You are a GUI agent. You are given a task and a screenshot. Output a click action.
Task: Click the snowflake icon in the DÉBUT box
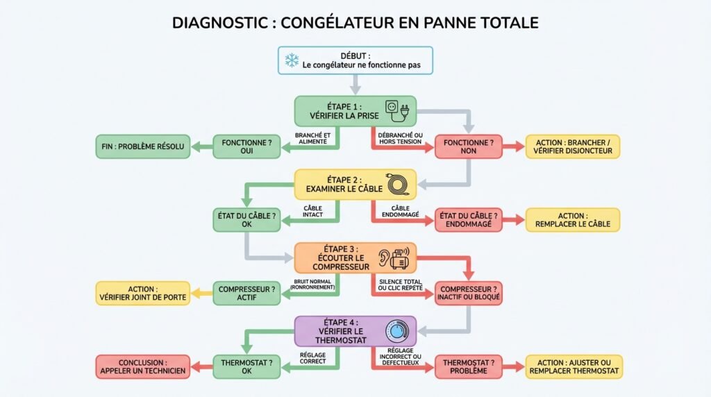pos(290,60)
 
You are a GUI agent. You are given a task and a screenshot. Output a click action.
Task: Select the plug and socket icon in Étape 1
pos(397,109)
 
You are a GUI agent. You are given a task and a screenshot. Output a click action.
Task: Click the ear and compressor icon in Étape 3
pos(393,258)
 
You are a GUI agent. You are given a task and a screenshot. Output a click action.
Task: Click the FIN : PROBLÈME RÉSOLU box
pos(142,146)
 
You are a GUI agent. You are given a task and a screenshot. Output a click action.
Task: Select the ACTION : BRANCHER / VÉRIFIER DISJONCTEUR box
pos(572,146)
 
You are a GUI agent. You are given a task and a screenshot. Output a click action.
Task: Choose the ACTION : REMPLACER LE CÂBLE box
pos(572,220)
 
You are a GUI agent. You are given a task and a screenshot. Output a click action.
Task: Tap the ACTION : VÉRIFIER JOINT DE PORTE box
pos(142,294)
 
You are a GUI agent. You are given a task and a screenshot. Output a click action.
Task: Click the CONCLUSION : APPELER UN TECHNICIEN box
pos(142,366)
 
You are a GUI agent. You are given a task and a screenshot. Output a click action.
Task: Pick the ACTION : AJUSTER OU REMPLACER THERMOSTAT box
pos(574,366)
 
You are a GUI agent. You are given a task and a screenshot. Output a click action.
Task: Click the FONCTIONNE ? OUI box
pos(246,146)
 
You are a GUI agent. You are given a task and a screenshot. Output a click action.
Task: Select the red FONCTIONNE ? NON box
pos(468,146)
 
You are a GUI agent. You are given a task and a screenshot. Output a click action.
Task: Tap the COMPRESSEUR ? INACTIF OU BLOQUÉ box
pos(468,294)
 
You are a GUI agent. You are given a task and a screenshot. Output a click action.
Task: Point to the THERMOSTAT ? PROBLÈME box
pos(468,366)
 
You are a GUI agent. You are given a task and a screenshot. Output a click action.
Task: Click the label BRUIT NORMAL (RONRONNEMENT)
pos(313,283)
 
